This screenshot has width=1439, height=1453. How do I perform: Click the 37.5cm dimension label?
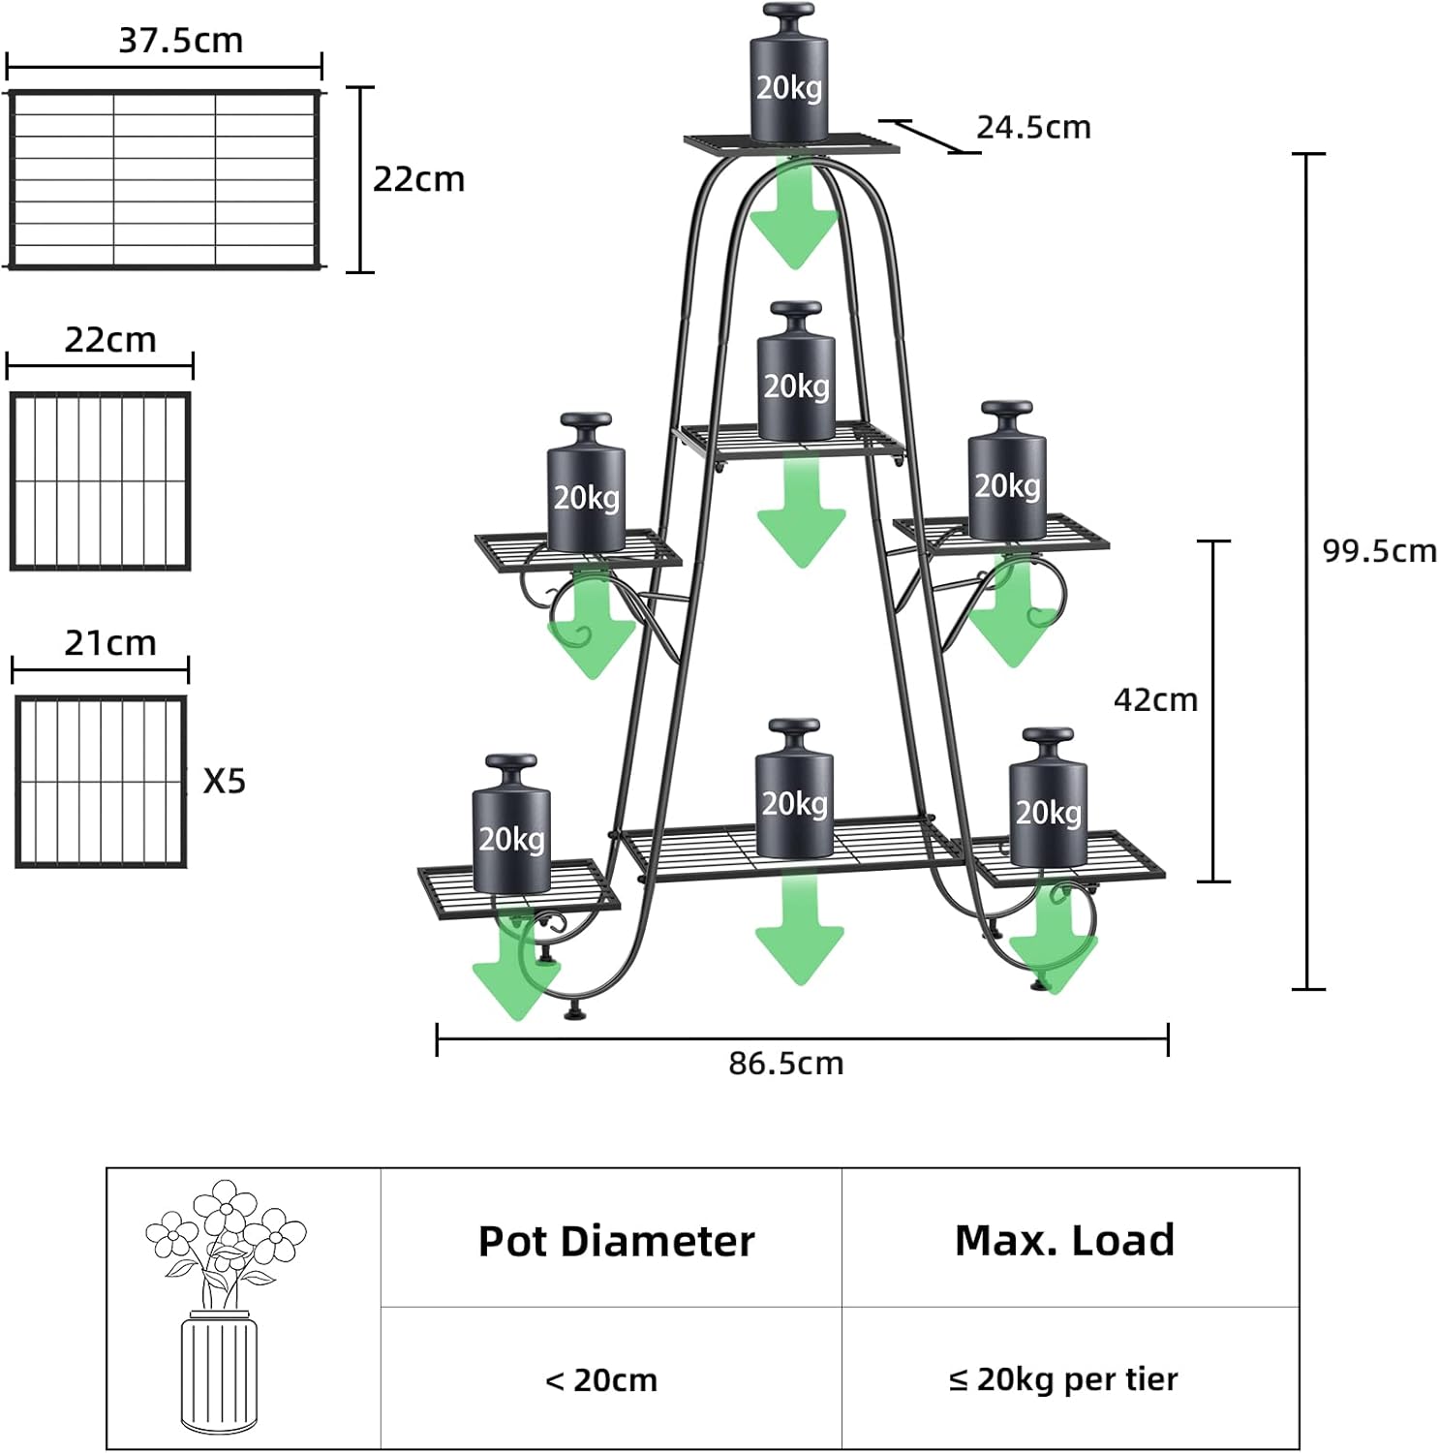click(180, 41)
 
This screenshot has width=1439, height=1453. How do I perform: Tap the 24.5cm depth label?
click(1032, 127)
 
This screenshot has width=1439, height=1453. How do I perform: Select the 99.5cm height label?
click(1379, 550)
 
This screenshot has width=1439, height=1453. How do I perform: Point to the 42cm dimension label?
click(1155, 699)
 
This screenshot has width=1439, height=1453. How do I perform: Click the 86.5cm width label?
click(786, 1064)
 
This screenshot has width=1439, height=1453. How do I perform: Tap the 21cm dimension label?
click(109, 643)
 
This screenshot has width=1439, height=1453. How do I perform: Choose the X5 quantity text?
click(224, 781)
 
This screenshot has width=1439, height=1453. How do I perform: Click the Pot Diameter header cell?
click(616, 1241)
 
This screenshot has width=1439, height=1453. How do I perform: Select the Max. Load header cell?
click(1065, 1240)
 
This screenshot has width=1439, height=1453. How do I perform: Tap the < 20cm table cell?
click(601, 1379)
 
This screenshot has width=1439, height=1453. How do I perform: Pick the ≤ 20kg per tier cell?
click(1063, 1379)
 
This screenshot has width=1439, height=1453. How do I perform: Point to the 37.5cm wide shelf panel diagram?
click(164, 179)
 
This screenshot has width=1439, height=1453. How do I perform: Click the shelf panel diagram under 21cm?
click(101, 781)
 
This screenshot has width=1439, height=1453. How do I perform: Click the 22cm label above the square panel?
click(109, 340)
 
